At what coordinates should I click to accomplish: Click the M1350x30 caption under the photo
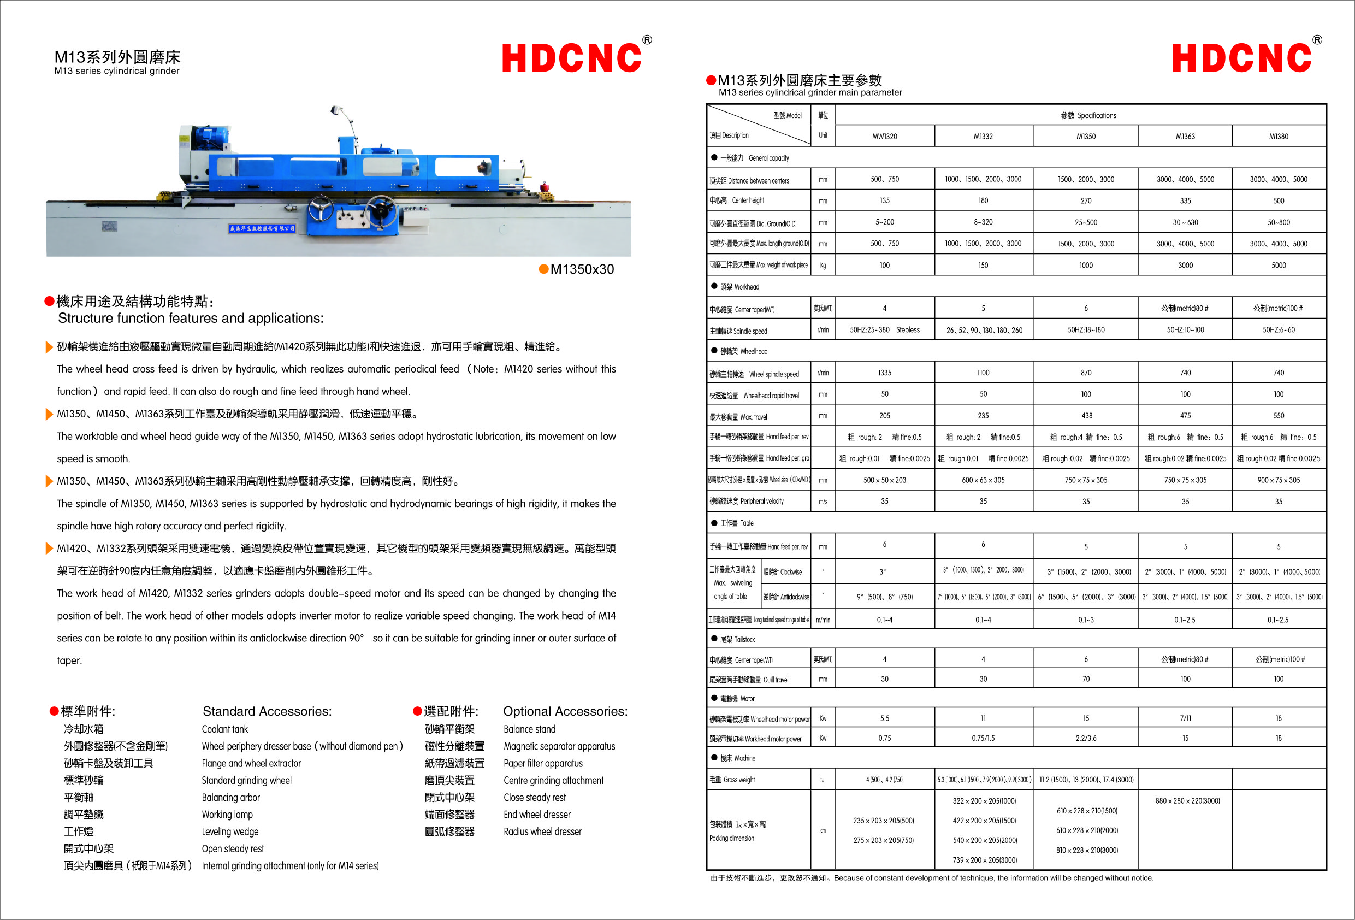pos(581,269)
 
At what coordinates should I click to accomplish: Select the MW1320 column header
pos(884,137)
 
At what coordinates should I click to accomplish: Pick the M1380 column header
pos(1278,137)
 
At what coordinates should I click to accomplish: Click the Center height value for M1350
pos(1086,200)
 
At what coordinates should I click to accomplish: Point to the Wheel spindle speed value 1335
pos(884,373)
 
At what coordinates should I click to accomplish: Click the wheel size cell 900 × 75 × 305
pos(1278,480)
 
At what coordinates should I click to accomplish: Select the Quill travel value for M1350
pos(1086,679)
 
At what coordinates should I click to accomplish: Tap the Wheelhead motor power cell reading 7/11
pos(1185,718)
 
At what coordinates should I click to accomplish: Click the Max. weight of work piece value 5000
pos(1278,266)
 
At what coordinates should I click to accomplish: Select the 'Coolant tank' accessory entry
pos(224,729)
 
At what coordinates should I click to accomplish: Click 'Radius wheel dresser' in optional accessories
pos(542,831)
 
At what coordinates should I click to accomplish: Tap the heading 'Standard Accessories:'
pos(267,711)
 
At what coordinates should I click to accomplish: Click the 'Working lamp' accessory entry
pos(227,815)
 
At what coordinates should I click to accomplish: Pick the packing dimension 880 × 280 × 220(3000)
pos(1187,801)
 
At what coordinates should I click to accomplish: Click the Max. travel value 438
pos(1086,416)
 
